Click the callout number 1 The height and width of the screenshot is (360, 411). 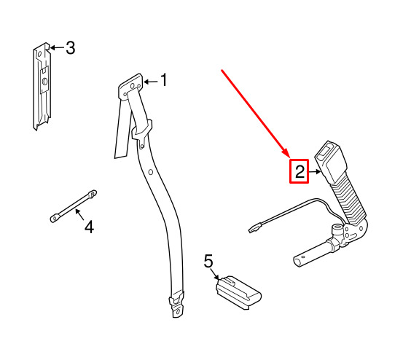[164, 80]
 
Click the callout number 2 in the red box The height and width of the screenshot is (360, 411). [300, 171]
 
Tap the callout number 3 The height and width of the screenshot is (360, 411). [70, 47]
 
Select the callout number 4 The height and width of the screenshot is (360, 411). [89, 227]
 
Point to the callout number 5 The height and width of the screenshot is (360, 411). [208, 261]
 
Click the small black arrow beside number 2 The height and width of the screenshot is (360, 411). [315, 172]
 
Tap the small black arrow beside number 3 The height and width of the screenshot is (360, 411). [57, 47]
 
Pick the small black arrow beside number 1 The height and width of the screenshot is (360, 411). [151, 82]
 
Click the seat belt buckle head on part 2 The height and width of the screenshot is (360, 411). [329, 161]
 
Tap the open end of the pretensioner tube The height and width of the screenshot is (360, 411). [298, 262]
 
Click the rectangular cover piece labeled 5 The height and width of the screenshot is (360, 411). [238, 293]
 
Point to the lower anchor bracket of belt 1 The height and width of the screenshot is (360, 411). [177, 305]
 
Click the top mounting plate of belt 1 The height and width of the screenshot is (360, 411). [130, 87]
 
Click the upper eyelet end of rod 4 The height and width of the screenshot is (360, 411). [92, 195]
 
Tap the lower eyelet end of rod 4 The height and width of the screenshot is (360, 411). [55, 218]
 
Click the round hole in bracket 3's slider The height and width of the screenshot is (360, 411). [44, 82]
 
